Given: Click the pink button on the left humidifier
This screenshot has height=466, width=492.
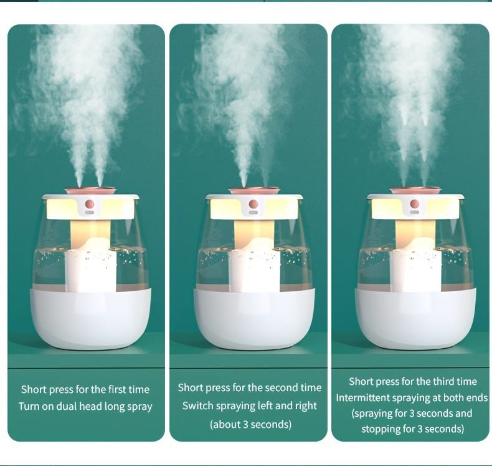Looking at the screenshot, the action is [x=90, y=203].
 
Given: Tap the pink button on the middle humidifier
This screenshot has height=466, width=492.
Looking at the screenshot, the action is [x=253, y=204].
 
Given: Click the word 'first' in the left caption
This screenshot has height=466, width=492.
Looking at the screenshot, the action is [x=118, y=389].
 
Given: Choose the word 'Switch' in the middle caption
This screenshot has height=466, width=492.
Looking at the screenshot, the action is [x=194, y=405].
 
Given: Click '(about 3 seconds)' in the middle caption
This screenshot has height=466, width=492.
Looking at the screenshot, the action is [x=250, y=424].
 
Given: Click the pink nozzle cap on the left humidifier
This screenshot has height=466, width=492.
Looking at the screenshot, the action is [x=90, y=190].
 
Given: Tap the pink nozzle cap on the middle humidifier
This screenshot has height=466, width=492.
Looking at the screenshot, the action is [x=254, y=191].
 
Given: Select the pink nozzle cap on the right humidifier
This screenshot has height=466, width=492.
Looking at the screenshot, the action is [x=415, y=190].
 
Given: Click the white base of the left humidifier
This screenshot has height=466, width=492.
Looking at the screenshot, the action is [x=90, y=318].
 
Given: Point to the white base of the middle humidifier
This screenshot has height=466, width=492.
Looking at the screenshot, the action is [x=254, y=318].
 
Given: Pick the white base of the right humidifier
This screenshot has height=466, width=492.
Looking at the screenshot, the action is [x=415, y=318].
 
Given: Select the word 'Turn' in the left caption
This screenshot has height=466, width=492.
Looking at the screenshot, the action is [x=28, y=406].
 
